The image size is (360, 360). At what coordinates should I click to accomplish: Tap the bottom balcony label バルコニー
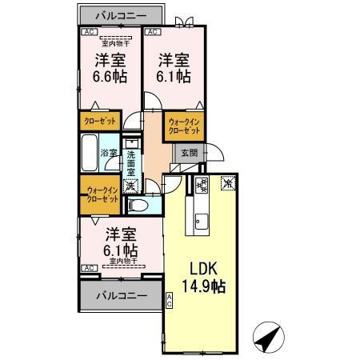[121, 295]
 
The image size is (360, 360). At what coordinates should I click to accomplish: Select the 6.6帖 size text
[110, 77]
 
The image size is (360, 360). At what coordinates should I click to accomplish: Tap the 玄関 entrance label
[188, 152]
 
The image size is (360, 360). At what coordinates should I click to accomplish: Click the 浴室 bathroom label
[108, 152]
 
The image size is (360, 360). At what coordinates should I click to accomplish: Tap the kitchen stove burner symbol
[201, 186]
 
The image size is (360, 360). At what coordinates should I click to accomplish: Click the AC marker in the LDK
[170, 301]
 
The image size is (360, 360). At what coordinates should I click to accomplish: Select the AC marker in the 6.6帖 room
[87, 33]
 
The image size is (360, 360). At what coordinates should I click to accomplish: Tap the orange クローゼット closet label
[99, 121]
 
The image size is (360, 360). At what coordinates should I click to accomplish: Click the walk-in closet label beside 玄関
[185, 126]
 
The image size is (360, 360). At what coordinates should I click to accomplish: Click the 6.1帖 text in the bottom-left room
[121, 250]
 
